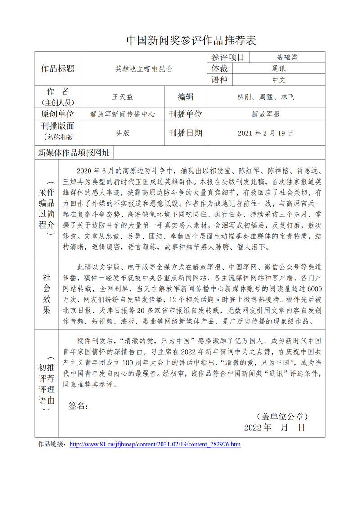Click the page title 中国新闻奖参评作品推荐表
click(191, 41)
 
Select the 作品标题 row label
click(58, 69)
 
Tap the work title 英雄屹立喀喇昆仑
click(144, 69)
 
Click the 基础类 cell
click(287, 57)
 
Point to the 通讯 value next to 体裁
click(279, 69)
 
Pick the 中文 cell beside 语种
click(279, 80)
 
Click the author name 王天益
click(122, 97)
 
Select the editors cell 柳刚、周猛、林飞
click(266, 97)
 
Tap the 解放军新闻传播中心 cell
click(122, 114)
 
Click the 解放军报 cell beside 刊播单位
click(266, 114)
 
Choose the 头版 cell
click(122, 133)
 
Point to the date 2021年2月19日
click(266, 133)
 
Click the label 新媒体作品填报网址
click(74, 153)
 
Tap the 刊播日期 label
click(185, 133)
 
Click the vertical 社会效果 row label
click(47, 293)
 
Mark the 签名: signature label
click(78, 406)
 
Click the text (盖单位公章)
click(282, 417)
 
